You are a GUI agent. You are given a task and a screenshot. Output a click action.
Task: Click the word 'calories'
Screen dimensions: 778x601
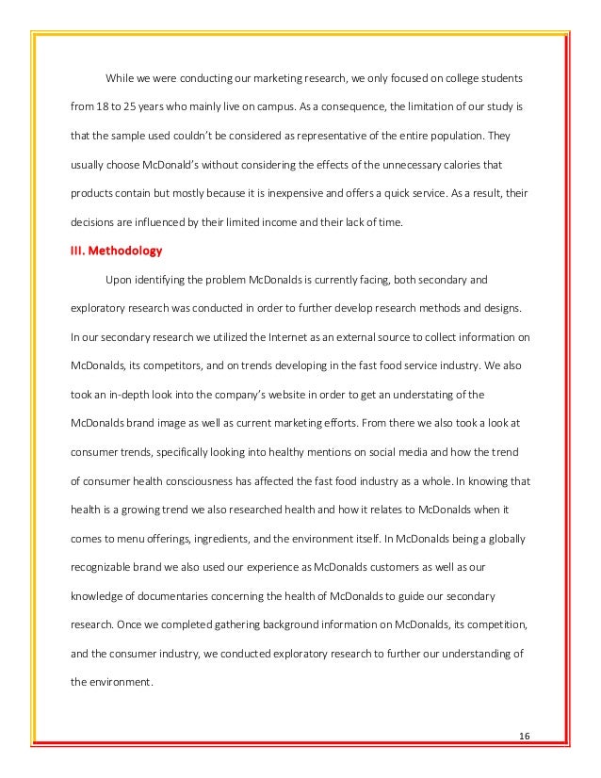pos(467,164)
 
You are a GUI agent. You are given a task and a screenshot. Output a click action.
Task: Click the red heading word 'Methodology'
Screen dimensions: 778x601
pos(126,251)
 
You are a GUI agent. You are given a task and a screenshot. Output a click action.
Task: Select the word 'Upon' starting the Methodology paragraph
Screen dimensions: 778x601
pos(120,281)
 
